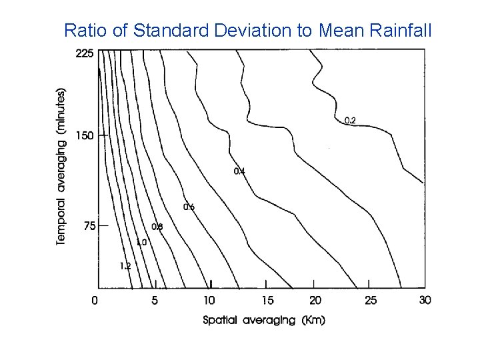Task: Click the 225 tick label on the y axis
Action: (x=84, y=54)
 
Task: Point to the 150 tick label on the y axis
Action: (x=84, y=136)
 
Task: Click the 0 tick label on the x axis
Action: (x=95, y=301)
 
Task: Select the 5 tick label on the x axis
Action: (x=155, y=301)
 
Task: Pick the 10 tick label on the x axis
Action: (x=209, y=301)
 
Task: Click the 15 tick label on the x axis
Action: (x=267, y=301)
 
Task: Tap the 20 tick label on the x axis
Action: (x=315, y=301)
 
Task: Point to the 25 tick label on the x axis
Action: (x=370, y=301)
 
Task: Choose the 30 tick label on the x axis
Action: (x=425, y=301)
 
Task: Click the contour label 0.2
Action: (x=350, y=121)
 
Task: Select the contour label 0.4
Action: (x=239, y=172)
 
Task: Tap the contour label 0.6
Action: (x=189, y=207)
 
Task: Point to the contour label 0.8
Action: (x=157, y=227)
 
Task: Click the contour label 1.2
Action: (x=125, y=266)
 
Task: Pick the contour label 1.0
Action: (x=141, y=243)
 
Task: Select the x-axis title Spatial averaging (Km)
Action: (x=264, y=320)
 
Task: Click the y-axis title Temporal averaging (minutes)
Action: (x=61, y=166)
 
